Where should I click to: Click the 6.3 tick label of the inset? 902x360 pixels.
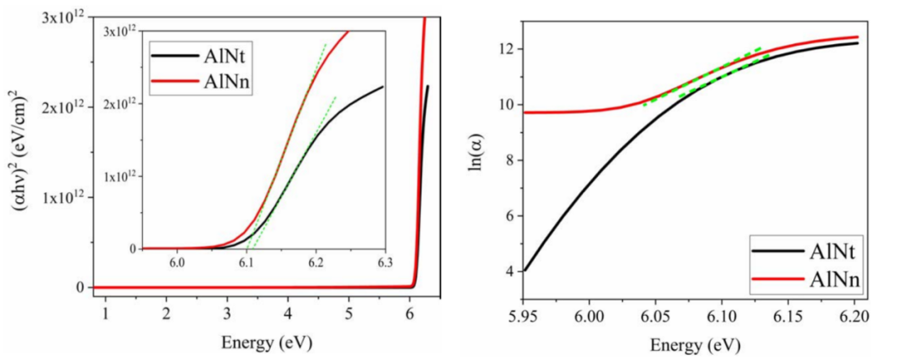pyautogui.click(x=384, y=263)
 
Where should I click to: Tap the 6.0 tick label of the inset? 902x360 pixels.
pyautogui.click(x=177, y=263)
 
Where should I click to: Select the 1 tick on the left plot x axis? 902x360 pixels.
pyautogui.click(x=106, y=312)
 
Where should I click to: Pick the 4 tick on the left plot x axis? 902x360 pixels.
pyautogui.click(x=288, y=312)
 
